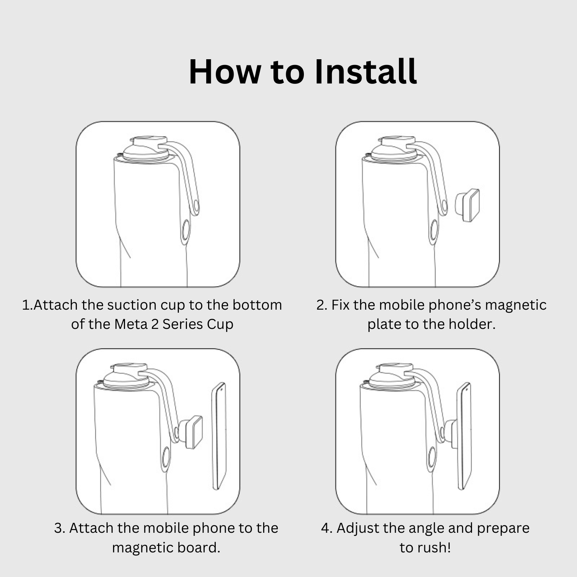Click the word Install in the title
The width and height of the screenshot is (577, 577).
tap(365, 72)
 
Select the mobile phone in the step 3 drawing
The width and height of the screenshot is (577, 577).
tap(218, 436)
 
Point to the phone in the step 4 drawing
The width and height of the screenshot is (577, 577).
tap(464, 436)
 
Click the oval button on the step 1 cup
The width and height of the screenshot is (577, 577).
tap(185, 232)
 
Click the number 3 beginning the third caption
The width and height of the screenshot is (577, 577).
tap(58, 529)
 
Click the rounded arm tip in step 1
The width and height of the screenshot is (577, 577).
tap(196, 207)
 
